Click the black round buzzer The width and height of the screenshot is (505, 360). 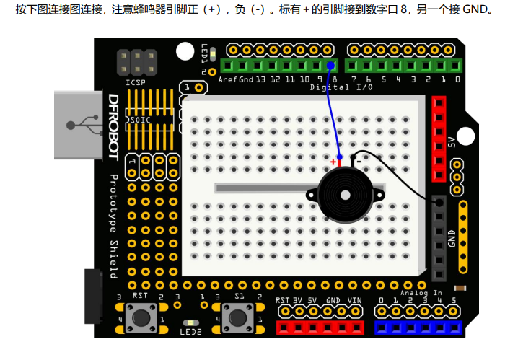click(342, 195)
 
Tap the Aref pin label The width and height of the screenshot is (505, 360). click(227, 79)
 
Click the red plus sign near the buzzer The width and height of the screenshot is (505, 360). click(333, 161)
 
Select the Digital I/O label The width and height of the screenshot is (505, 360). click(341, 87)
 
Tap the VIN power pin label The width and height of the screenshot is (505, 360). click(355, 300)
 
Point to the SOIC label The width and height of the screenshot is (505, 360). click(139, 120)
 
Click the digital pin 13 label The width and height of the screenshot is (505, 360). click(260, 79)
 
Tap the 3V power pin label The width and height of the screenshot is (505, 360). click(297, 300)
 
